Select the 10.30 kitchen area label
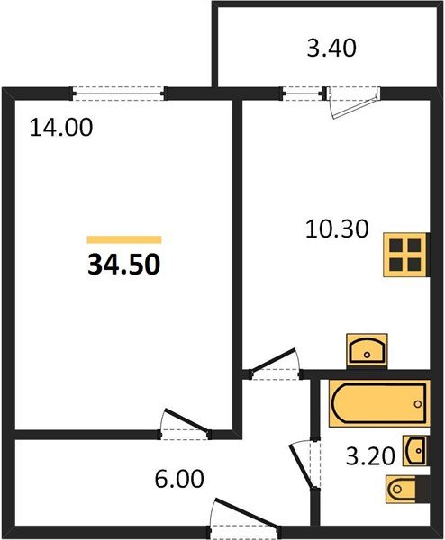tap(337, 229)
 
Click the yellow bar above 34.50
tap(124, 240)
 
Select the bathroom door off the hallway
tap(302, 464)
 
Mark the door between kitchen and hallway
tap(274, 365)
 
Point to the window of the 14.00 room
tap(119, 91)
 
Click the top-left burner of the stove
tap(395, 245)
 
